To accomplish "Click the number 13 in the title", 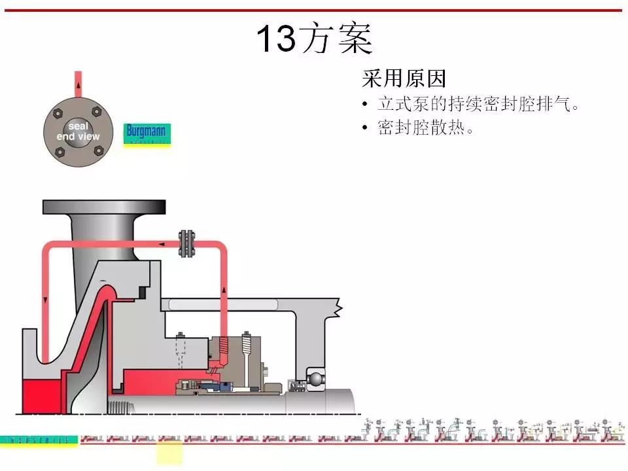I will [x=275, y=39].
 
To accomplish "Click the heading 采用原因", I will [x=404, y=80].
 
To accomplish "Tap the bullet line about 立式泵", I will [x=478, y=105].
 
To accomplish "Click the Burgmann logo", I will [x=147, y=133].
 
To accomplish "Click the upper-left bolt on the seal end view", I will [x=59, y=110].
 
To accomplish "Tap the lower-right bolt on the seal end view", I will [x=98, y=151].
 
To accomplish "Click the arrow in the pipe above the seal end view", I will [x=78, y=82].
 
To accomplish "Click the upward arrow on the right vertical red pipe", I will [x=224, y=288].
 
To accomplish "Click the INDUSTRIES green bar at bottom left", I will [x=39, y=440].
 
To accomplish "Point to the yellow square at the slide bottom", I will [x=169, y=453].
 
